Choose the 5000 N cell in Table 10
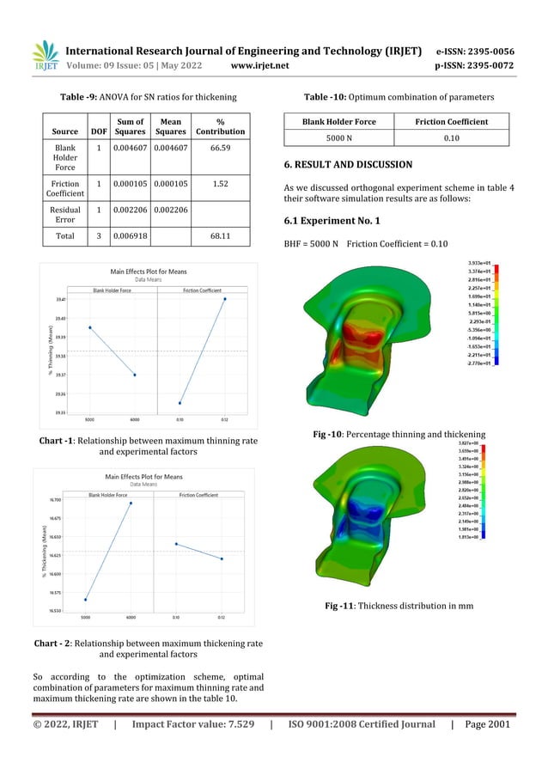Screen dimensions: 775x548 pos(338,137)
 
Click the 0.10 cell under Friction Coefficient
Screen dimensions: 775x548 pos(451,137)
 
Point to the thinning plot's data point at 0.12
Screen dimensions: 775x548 pos(225,299)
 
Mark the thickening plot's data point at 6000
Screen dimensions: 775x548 pos(131,503)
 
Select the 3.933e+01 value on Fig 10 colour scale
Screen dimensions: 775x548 pos(478,263)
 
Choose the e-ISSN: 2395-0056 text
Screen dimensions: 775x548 pos(475,51)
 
